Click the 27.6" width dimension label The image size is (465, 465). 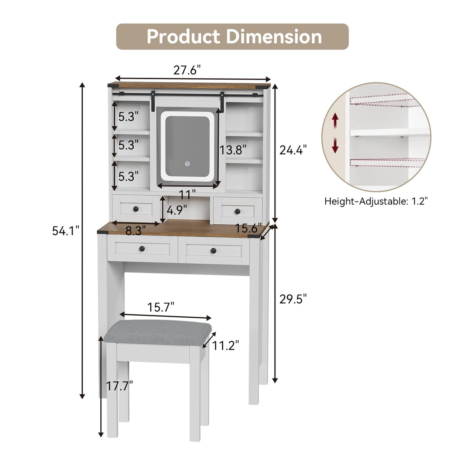(187, 70)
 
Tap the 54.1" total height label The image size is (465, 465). (65, 231)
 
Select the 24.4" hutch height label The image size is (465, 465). (293, 150)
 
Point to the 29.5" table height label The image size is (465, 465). (293, 299)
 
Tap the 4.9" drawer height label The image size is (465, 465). (177, 210)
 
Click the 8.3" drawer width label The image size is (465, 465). (136, 231)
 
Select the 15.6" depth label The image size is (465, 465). (248, 228)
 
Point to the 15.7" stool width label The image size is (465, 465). (161, 307)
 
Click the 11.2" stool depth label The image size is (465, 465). (226, 345)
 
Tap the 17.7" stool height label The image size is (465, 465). (120, 386)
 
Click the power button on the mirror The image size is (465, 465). (187, 164)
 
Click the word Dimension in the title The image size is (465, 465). (274, 37)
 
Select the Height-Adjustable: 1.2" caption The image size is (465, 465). (376, 201)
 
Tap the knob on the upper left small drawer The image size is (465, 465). (136, 209)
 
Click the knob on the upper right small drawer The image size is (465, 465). (237, 210)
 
